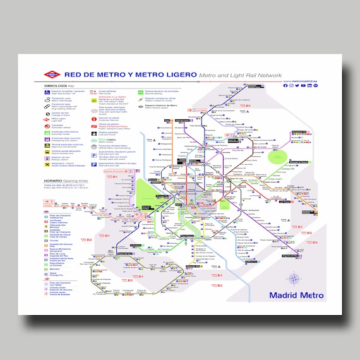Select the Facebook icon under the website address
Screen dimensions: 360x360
point(286,86)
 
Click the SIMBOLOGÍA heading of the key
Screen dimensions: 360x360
point(54,85)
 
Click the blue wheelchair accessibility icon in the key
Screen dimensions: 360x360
point(47,92)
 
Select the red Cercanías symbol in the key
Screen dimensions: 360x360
point(47,125)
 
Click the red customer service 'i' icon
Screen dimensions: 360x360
point(95,119)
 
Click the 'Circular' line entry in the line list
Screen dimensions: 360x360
point(53,240)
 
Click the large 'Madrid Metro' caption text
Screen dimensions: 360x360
point(296,295)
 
